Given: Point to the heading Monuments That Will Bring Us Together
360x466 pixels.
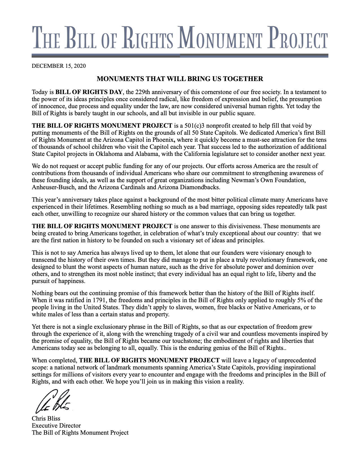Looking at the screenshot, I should click(180, 79).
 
